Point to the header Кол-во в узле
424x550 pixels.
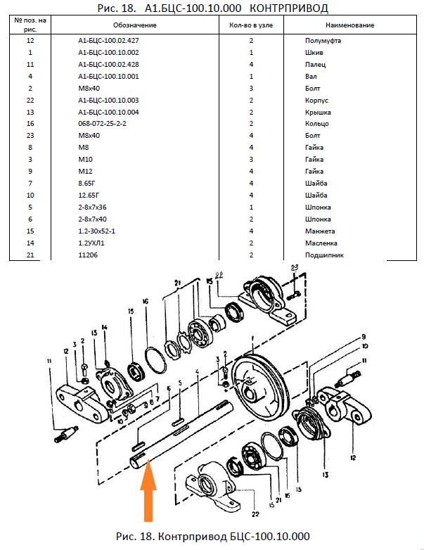[x=250, y=25]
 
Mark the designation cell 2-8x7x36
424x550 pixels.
[x=92, y=207]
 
